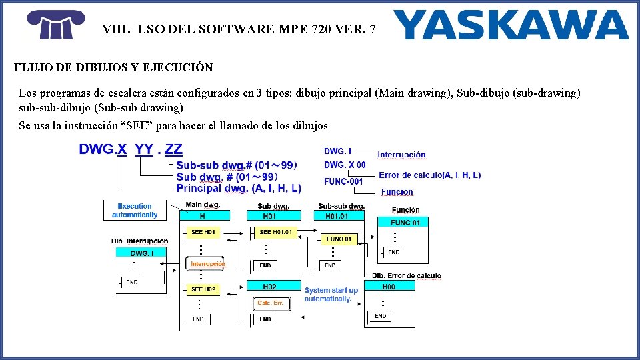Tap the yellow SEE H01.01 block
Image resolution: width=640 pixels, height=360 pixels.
[275, 232]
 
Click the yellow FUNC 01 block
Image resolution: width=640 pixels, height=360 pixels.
[339, 239]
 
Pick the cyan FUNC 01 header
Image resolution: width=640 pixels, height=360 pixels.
[406, 223]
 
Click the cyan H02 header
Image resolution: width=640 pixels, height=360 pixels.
[269, 286]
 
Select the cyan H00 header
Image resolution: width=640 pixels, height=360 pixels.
[389, 287]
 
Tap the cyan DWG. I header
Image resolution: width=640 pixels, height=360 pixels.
[142, 253]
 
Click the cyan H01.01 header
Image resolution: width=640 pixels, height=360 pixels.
[336, 216]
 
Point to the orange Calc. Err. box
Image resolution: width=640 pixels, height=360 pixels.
[271, 303]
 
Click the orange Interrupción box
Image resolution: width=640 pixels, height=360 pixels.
[208, 264]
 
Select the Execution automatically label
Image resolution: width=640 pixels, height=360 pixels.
[135, 211]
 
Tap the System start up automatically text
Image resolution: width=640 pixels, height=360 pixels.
[331, 295]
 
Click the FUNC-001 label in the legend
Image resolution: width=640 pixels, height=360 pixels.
[343, 181]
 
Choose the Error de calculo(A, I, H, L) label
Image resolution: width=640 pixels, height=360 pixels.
[429, 175]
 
